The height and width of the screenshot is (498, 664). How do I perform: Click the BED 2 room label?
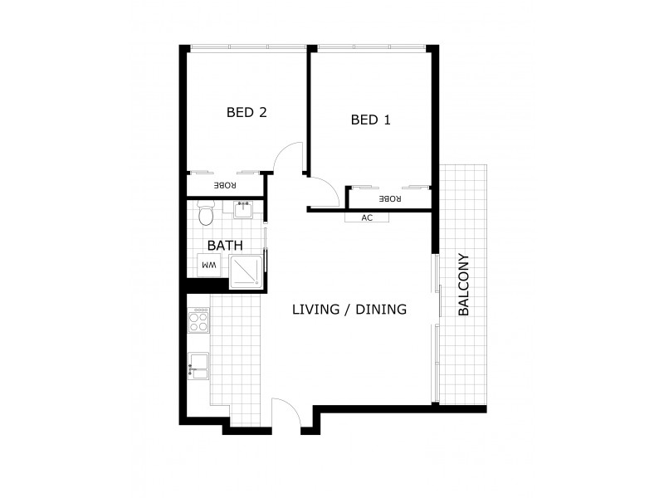(x=246, y=112)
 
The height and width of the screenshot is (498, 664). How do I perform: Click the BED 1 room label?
(x=370, y=120)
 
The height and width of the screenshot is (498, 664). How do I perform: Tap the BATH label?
(x=224, y=246)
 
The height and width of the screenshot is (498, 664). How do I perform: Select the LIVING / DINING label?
(x=349, y=310)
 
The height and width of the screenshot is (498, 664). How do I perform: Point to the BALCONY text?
(x=464, y=285)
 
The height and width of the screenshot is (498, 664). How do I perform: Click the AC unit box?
(x=368, y=218)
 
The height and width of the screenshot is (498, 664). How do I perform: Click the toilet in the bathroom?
(x=207, y=215)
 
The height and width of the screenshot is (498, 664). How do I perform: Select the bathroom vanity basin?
(x=244, y=209)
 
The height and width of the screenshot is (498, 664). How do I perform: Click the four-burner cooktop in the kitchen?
(x=199, y=320)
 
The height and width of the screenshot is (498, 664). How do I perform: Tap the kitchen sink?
(x=199, y=365)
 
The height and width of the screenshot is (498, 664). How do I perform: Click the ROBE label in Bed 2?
(x=225, y=185)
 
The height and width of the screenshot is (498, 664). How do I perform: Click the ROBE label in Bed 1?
(x=389, y=199)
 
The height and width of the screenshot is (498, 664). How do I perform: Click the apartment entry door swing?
(x=285, y=413)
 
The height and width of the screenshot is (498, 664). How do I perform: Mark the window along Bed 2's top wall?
(x=247, y=46)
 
